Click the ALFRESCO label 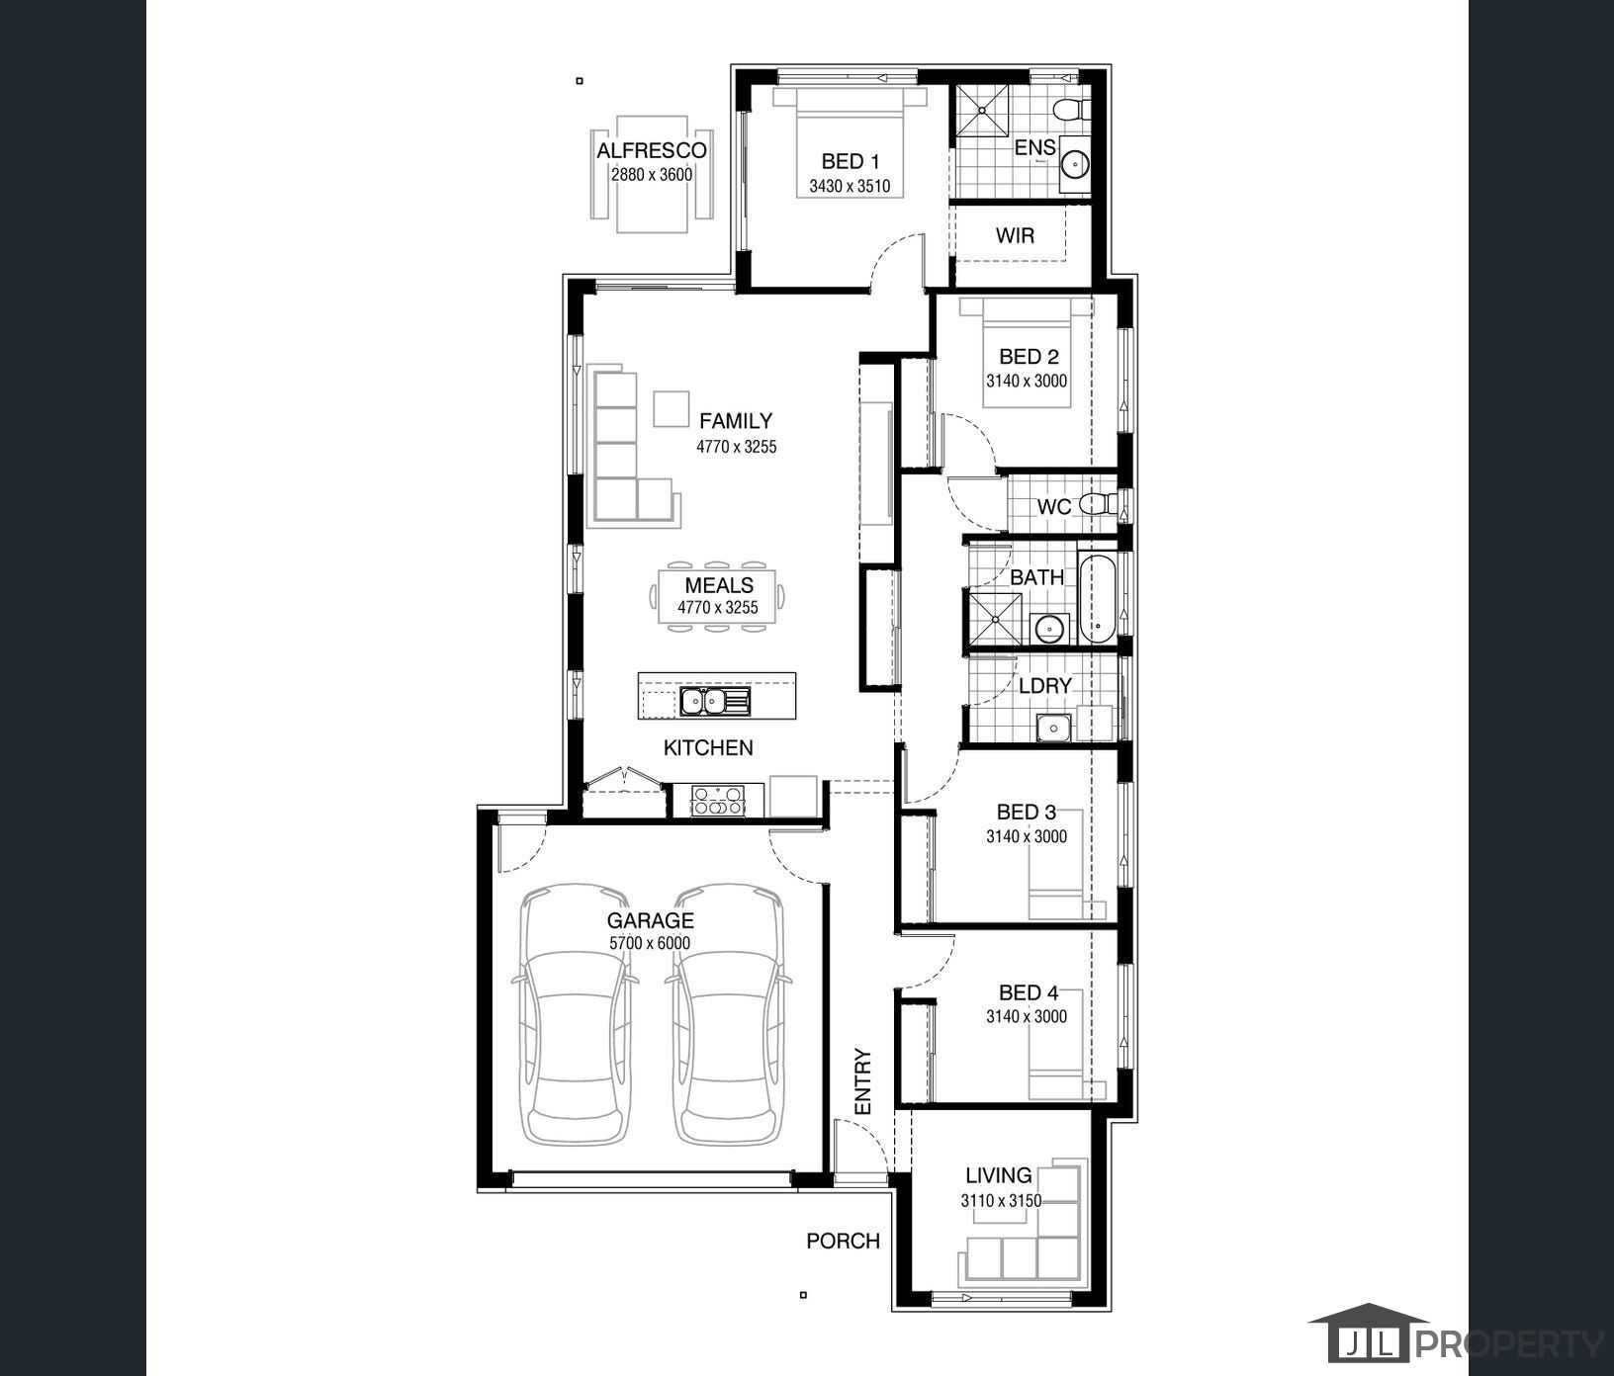coord(651,150)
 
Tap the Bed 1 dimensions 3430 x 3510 coord(850,185)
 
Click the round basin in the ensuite coord(1073,162)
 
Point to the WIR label coord(1015,235)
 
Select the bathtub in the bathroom coord(1096,599)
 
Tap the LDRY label coord(1045,685)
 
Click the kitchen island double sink coord(715,701)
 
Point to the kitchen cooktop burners coord(719,800)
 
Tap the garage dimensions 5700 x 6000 coord(650,943)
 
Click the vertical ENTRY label coord(863,1081)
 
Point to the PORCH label coord(843,1241)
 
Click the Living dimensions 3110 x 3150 coord(1001,1201)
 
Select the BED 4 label coord(1029,992)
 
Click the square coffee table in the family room coord(672,409)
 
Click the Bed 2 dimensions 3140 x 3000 coord(1027,381)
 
